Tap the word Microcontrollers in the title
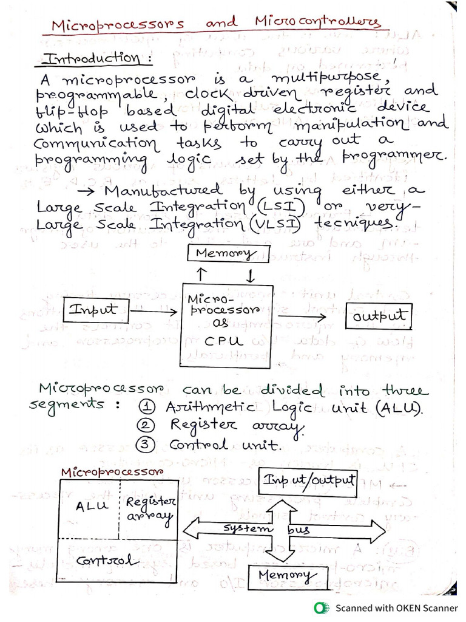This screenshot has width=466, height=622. (x=318, y=24)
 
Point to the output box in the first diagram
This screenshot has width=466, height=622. (x=378, y=316)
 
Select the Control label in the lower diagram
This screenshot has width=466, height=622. (x=104, y=560)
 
